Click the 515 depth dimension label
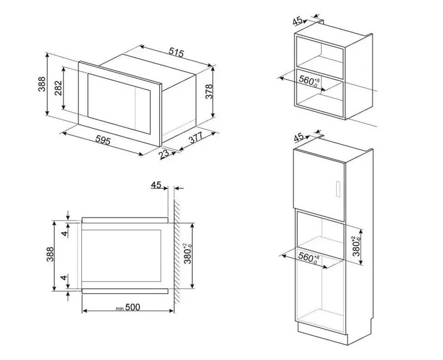(x=176, y=52)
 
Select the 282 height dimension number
(x=58, y=88)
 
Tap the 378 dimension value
(x=209, y=91)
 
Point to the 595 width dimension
(x=102, y=140)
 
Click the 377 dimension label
(x=196, y=138)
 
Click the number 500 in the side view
(x=132, y=307)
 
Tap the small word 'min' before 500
(x=120, y=309)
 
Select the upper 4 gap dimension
(x=65, y=234)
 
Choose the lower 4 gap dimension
(x=65, y=277)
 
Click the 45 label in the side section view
(x=156, y=185)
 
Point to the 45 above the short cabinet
(x=297, y=21)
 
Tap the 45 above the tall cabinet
(x=299, y=138)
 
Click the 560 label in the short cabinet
(x=309, y=80)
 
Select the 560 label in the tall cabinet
(x=309, y=258)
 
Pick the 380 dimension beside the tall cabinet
(x=357, y=246)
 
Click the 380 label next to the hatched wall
(x=188, y=253)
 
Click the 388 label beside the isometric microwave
(x=42, y=84)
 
